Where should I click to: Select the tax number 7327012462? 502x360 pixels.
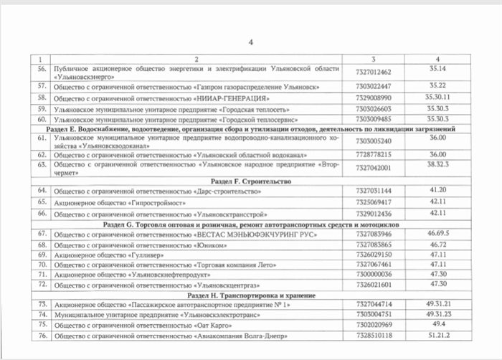coord(374,72)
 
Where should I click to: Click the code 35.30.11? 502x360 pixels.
coord(437,97)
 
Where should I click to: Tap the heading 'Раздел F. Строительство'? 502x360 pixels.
coord(251,181)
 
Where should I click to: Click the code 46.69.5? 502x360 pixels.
coord(437,234)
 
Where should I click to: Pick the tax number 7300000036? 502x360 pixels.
coord(374,274)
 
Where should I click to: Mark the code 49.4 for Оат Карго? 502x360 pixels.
coord(437,324)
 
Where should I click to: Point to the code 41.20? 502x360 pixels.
coord(437,191)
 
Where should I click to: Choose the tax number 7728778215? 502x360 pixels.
coord(374,154)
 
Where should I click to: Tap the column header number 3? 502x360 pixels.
coord(374,59)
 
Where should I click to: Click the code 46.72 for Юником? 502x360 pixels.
coord(437,245)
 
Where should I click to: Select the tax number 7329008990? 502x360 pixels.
coord(374,97)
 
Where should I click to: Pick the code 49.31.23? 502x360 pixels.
coord(437,314)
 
